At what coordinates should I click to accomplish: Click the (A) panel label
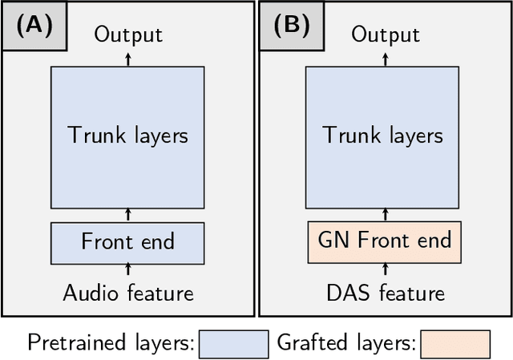33,26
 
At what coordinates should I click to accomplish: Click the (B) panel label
291,26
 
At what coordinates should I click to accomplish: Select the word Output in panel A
128,34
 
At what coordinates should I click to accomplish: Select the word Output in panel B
386,34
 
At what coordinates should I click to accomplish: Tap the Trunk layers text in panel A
128,134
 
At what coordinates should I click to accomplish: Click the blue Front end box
128,241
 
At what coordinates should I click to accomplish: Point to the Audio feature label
128,293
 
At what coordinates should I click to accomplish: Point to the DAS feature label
386,293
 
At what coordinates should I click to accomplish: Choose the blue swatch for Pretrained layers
233,343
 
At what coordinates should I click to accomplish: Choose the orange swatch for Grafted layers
454,343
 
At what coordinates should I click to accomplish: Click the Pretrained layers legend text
110,343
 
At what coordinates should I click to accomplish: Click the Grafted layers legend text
345,343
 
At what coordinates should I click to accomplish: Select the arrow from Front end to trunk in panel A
128,213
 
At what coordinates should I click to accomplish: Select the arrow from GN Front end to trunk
386,213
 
